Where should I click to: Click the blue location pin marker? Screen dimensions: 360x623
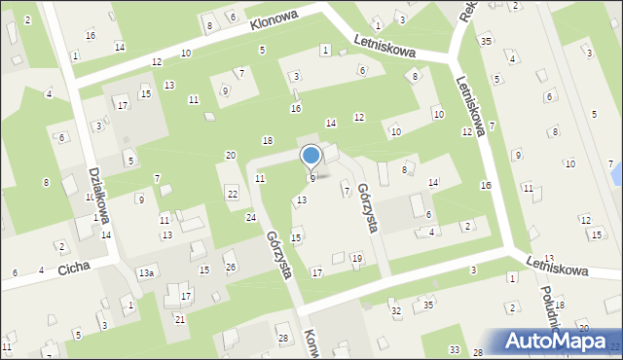click(x=311, y=157)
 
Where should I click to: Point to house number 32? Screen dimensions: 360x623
click(x=395, y=310)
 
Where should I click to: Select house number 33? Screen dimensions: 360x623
click(x=454, y=349)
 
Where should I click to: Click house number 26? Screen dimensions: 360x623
click(x=231, y=268)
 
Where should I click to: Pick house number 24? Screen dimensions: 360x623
click(x=250, y=216)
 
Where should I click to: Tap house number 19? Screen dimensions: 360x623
click(x=357, y=258)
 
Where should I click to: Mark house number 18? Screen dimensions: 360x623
click(x=268, y=141)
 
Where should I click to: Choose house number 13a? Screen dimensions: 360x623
click(x=145, y=273)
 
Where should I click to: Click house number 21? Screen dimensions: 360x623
click(x=180, y=319)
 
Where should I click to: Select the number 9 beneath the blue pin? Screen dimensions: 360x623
click(x=312, y=178)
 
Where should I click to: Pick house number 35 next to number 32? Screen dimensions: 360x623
click(x=428, y=305)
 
